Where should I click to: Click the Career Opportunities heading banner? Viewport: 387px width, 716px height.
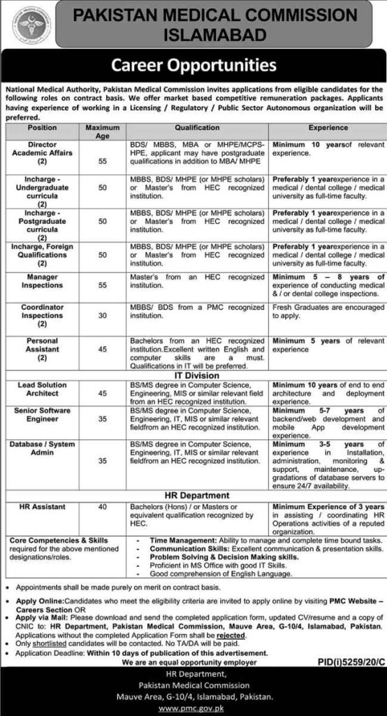pos(193,66)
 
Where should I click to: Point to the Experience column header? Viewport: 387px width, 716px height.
pos(328,128)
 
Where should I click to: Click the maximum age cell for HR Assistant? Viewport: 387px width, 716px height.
pos(103,507)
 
